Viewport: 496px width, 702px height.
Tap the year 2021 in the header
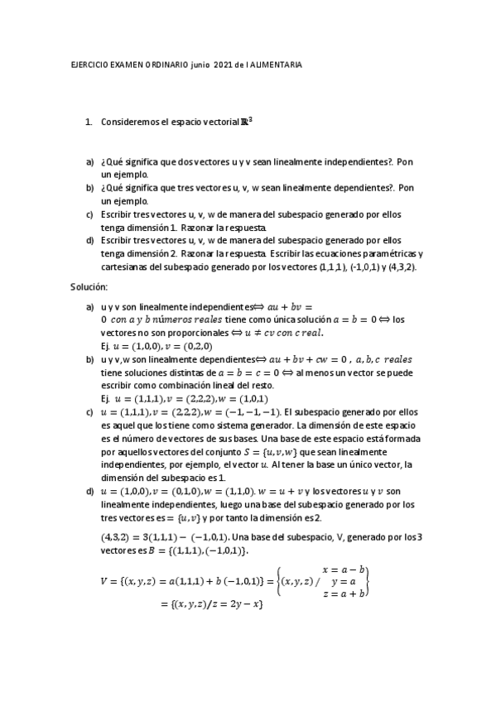click(223, 67)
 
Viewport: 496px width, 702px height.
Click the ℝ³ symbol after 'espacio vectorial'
click(246, 120)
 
